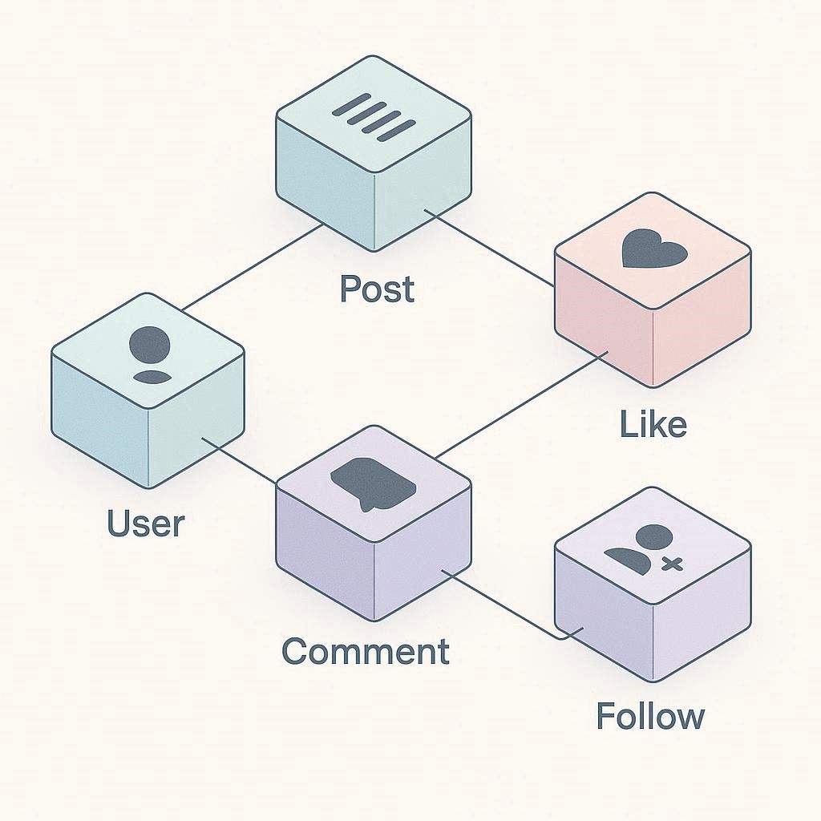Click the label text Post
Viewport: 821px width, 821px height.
tap(377, 289)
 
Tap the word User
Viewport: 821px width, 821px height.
tap(146, 524)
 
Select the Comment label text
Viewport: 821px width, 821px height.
tap(366, 650)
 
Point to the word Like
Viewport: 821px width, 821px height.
tap(653, 424)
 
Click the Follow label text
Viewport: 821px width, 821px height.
tap(650, 715)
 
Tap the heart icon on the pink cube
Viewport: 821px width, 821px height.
tap(654, 249)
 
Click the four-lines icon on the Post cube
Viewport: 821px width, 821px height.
tap(374, 117)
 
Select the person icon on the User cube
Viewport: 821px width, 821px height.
tap(149, 354)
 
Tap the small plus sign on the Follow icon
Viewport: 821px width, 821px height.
tap(670, 564)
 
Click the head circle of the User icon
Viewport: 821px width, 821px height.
tap(149, 344)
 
